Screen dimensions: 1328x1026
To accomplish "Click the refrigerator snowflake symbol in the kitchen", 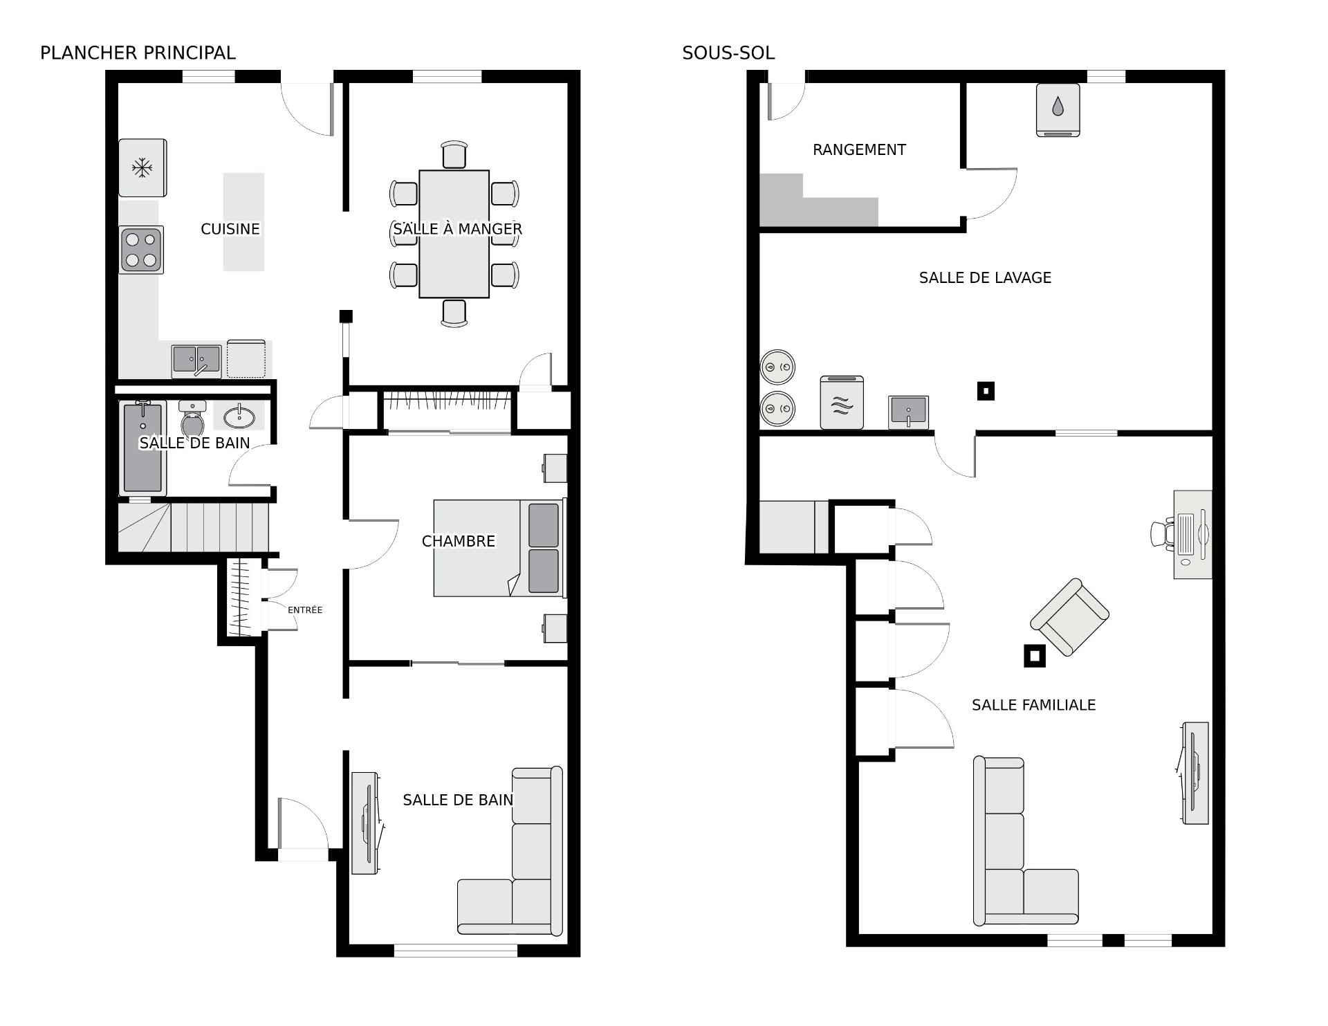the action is (142, 167).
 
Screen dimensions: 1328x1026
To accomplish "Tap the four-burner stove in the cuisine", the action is (141, 250).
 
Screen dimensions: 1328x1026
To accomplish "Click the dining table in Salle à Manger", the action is (454, 234).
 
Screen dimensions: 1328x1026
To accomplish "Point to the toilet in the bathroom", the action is (192, 417).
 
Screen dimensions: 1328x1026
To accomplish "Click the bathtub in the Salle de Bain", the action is (142, 447).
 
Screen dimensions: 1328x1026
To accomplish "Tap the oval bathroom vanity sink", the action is (239, 416).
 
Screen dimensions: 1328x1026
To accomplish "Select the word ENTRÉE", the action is (305, 610).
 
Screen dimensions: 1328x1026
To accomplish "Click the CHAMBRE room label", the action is (459, 541).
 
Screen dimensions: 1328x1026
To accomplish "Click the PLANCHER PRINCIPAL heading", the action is (138, 53).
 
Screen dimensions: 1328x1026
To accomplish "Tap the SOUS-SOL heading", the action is (728, 53).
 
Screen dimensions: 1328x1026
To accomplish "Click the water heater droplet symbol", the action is (1058, 106).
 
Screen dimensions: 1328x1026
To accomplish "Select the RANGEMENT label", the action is (859, 149).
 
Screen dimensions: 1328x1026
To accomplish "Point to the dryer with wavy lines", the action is (842, 403).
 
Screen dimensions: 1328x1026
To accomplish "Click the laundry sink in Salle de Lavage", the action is (908, 412).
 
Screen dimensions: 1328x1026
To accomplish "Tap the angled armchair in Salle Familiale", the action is (1069, 617).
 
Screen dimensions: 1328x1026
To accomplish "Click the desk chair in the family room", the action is (1163, 534).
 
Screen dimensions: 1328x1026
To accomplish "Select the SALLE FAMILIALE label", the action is (1033, 705).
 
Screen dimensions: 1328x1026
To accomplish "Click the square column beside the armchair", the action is (1035, 656).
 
